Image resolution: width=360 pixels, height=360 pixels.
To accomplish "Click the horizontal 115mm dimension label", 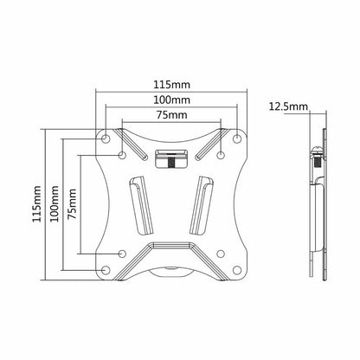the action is click(x=171, y=85).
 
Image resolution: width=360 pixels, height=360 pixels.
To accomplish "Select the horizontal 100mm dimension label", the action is click(x=171, y=100).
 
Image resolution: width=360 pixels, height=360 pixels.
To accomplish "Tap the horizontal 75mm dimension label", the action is click(x=171, y=115).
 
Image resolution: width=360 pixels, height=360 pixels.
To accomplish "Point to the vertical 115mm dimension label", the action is click(x=36, y=203).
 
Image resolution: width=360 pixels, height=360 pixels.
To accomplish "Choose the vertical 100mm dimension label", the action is click(x=55, y=203).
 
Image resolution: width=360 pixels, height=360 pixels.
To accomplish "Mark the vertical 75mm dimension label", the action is click(x=72, y=203).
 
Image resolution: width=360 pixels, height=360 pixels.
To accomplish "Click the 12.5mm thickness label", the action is click(x=288, y=106).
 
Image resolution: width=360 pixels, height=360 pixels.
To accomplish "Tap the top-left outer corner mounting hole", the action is click(x=106, y=139).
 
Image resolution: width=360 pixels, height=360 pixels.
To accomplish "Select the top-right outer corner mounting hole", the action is click(x=237, y=139).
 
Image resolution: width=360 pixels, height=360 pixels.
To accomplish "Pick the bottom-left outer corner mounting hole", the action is click(x=106, y=270).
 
